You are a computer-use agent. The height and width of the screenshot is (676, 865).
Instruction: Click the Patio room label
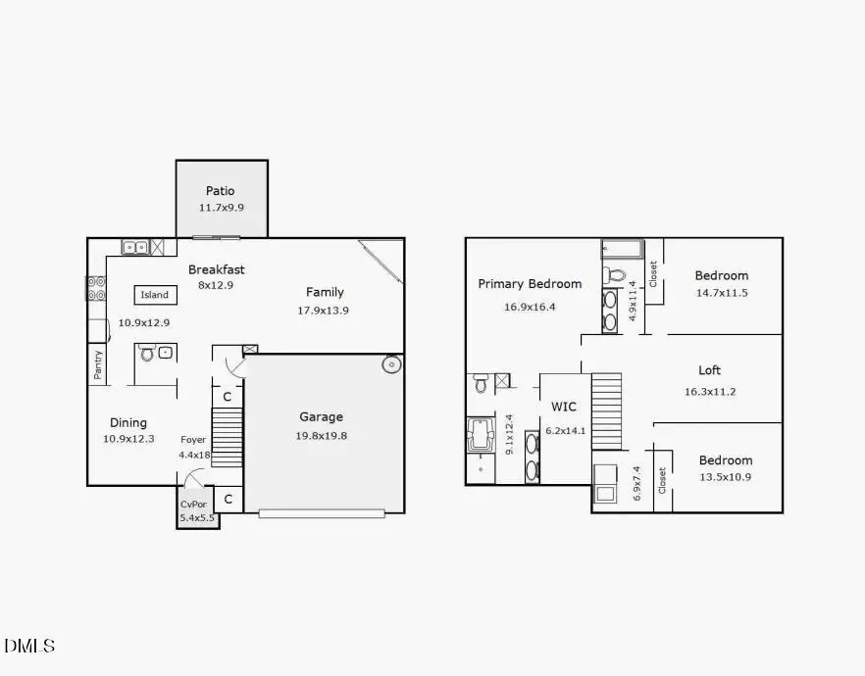(x=220, y=191)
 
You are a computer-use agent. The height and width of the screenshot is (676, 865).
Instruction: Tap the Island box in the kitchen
(x=154, y=295)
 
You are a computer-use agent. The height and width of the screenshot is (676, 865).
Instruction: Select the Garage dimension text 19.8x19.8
(x=323, y=435)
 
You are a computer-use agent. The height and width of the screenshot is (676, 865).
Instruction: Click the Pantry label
(x=97, y=365)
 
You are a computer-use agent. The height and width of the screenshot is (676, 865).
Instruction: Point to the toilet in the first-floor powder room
(x=147, y=352)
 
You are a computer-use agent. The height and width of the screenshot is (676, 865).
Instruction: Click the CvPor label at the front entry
(x=192, y=505)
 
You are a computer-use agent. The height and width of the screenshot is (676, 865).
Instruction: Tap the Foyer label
(x=193, y=440)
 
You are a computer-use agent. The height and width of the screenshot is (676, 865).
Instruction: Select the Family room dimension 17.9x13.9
(x=323, y=310)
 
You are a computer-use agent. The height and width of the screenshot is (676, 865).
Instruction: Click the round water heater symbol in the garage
(x=391, y=365)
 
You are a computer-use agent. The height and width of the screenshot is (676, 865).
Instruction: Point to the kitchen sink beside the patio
(x=135, y=247)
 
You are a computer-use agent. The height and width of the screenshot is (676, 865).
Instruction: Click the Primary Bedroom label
(x=530, y=284)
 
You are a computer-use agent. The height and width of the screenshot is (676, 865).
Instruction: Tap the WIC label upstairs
(x=563, y=406)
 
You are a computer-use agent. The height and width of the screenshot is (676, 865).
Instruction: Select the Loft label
(x=709, y=370)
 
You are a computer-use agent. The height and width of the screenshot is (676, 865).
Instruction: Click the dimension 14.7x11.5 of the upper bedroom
(x=721, y=293)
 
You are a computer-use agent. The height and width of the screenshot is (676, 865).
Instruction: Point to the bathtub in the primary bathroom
(x=481, y=433)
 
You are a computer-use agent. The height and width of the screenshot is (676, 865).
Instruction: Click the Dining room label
(x=128, y=422)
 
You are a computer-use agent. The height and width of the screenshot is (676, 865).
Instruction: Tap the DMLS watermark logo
(x=29, y=646)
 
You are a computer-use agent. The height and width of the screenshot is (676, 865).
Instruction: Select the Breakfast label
(x=217, y=269)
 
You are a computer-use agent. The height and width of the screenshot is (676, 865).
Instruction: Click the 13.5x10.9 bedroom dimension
(x=725, y=477)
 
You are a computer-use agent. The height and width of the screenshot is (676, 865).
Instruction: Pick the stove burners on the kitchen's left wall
(x=96, y=288)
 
